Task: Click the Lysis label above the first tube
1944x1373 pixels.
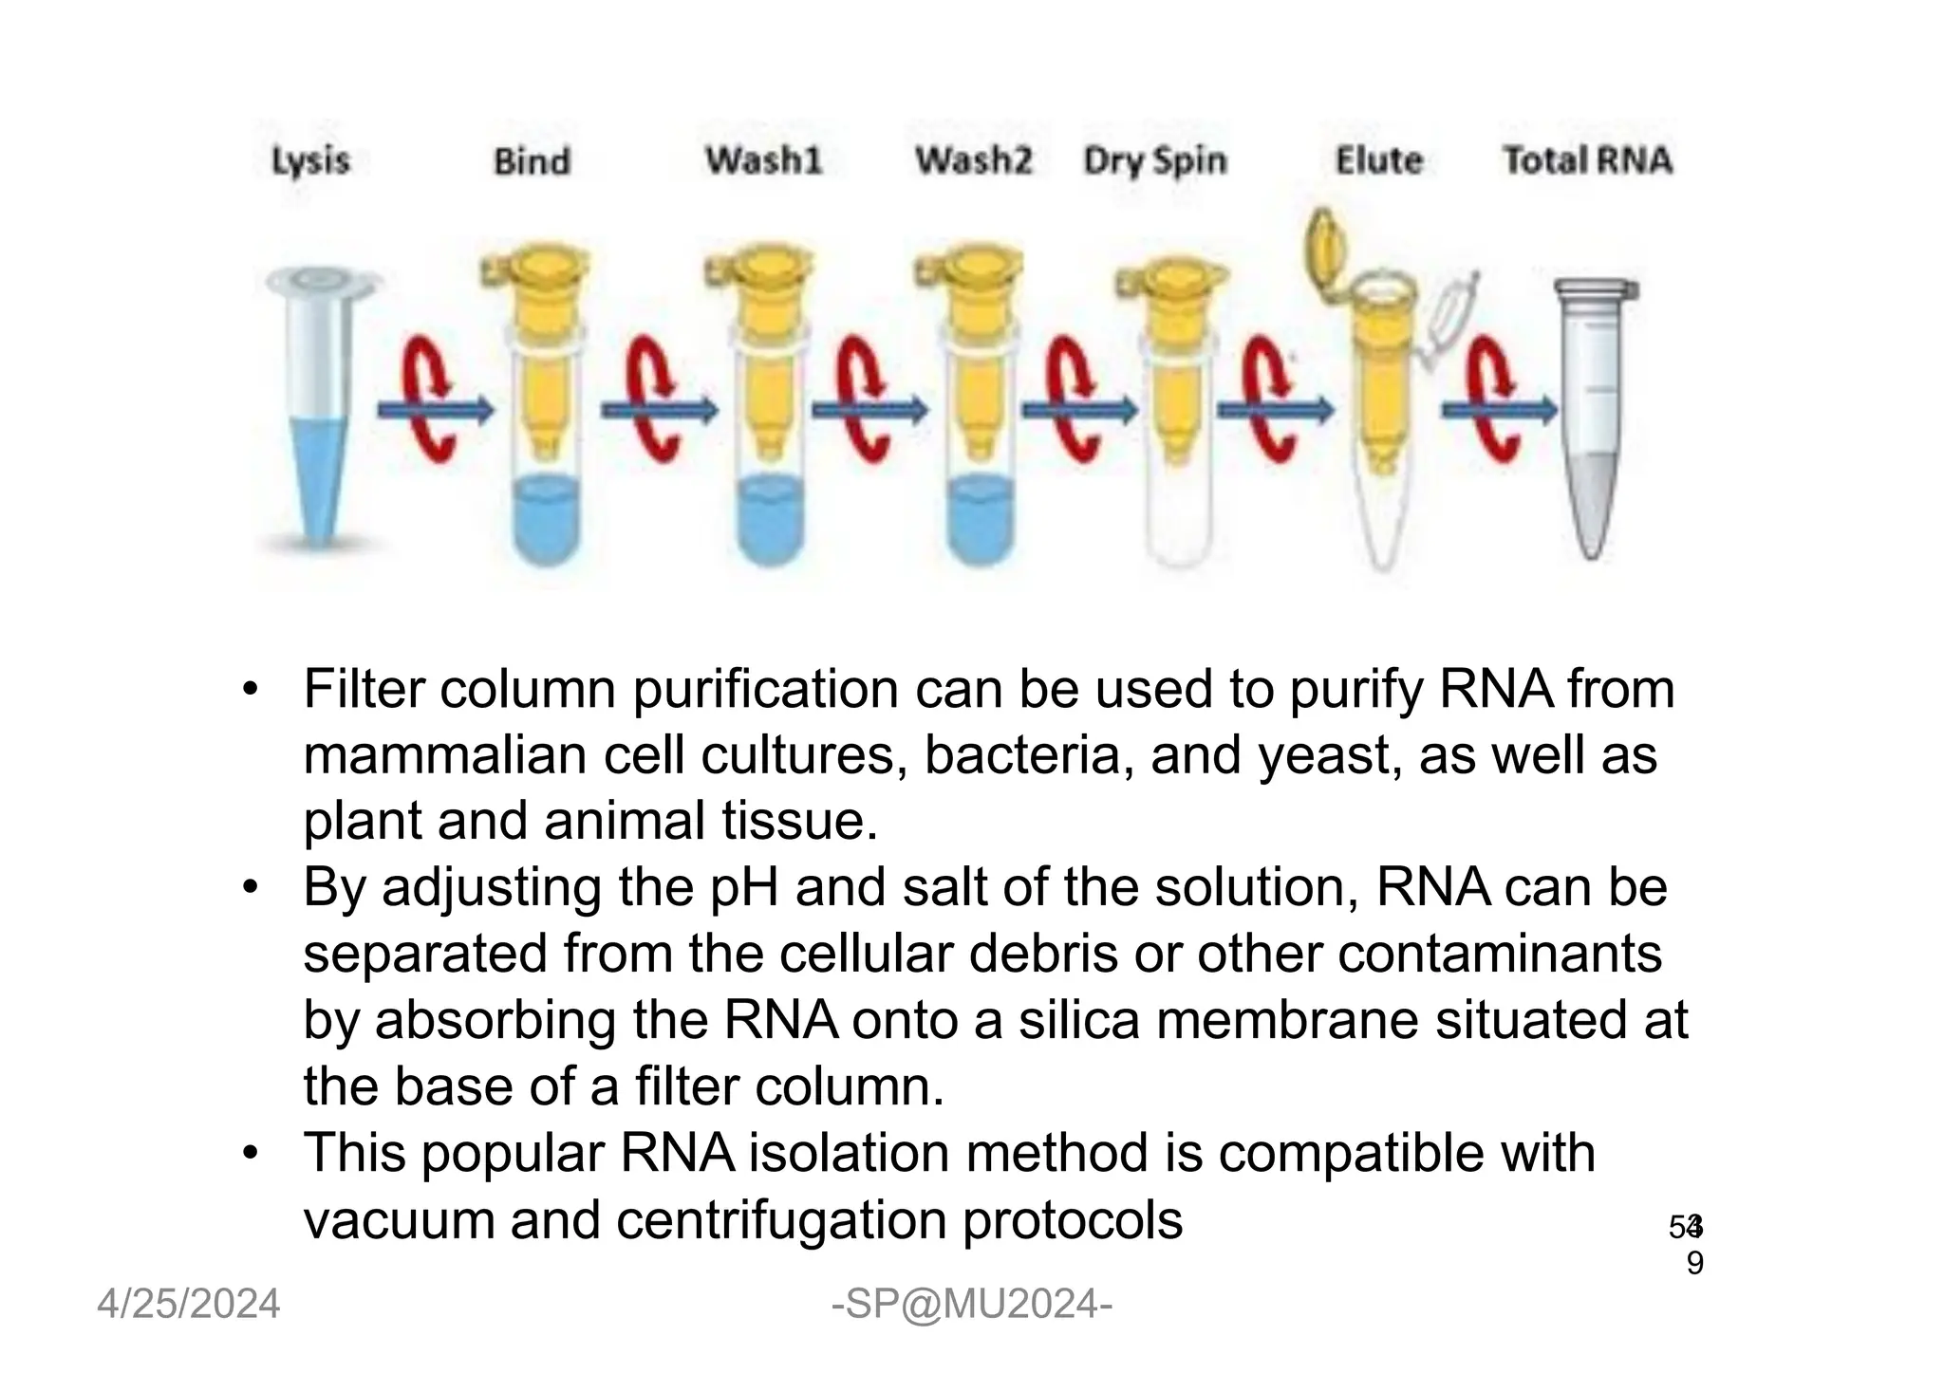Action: [310, 160]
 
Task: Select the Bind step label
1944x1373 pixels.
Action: [532, 161]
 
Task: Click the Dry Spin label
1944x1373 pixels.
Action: [1155, 160]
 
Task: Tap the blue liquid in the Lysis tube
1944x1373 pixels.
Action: [318, 474]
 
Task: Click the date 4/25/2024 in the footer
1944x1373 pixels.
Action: [189, 1304]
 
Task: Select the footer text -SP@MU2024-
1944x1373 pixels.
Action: [971, 1304]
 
